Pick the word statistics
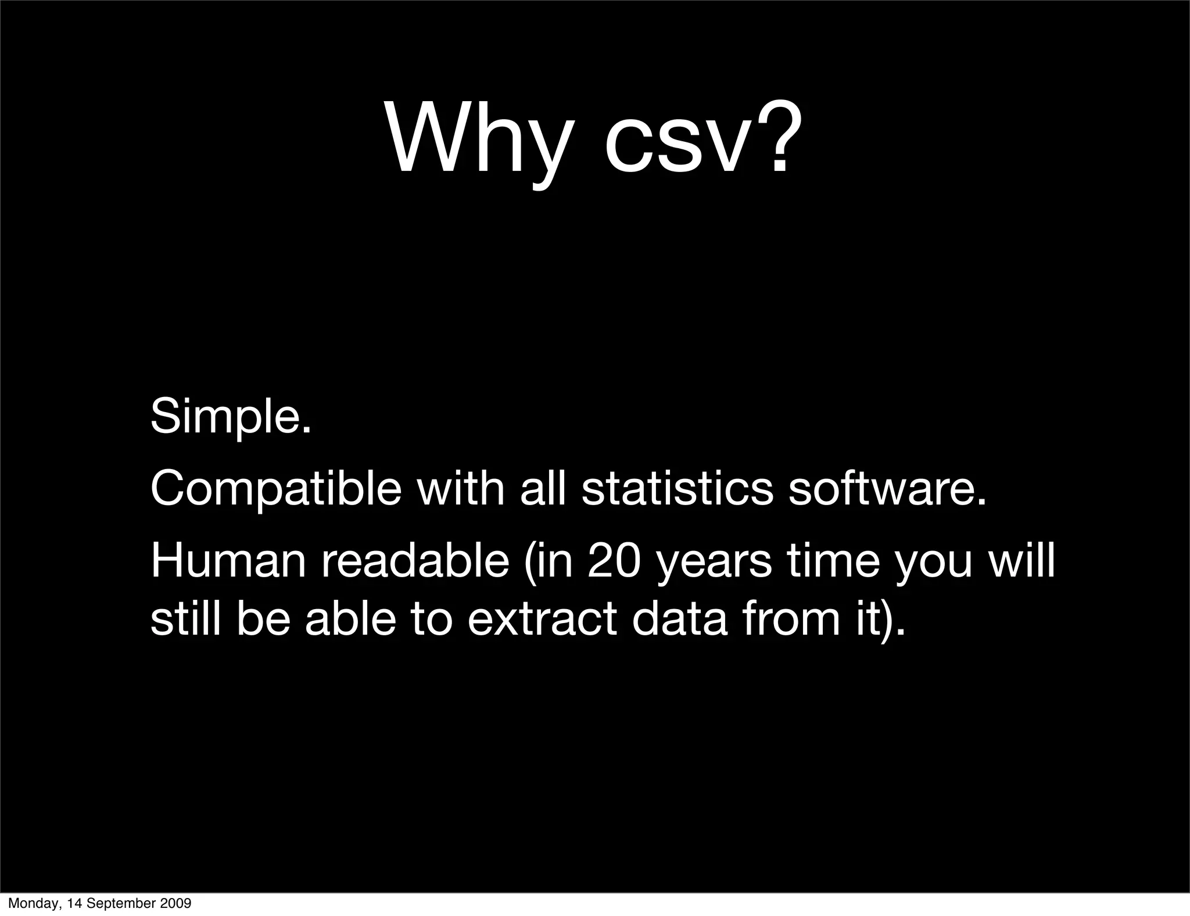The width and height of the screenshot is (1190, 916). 678,488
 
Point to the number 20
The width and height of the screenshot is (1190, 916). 614,561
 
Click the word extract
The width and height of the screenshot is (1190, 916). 542,620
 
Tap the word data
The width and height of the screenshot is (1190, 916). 679,620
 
